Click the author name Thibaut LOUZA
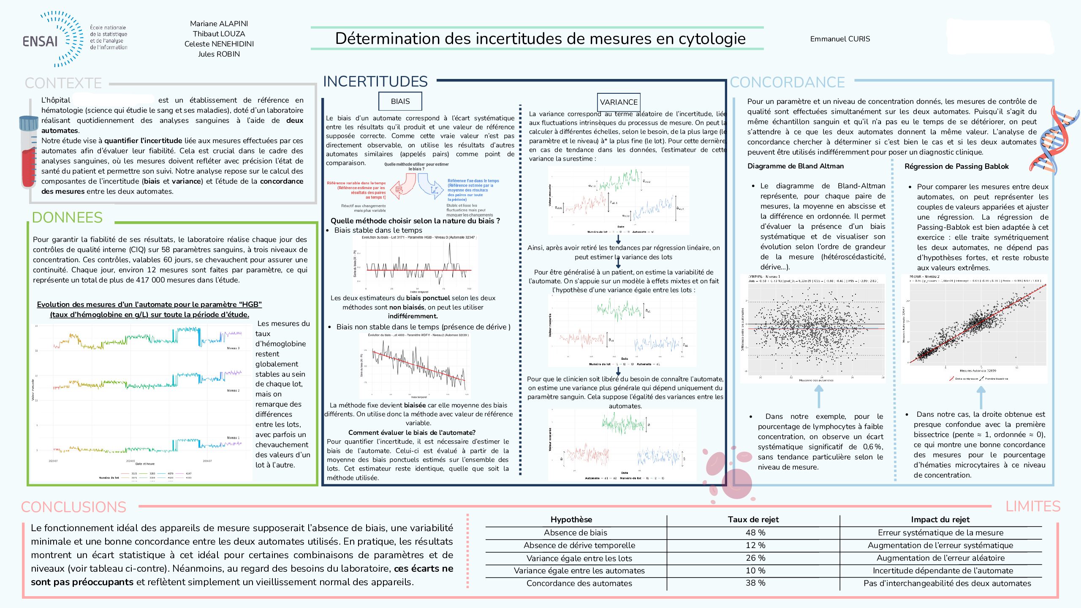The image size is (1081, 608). [219, 34]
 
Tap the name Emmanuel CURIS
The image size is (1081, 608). [840, 39]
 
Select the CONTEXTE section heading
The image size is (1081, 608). [63, 83]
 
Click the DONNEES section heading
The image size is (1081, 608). [67, 217]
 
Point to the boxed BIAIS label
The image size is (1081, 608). [400, 101]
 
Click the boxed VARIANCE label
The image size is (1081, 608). [619, 102]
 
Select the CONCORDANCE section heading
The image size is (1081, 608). [787, 82]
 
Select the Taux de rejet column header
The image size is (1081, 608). [753, 520]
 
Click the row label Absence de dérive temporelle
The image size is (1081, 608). [579, 546]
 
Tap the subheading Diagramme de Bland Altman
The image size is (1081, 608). [795, 166]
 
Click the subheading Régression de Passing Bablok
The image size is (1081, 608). [956, 166]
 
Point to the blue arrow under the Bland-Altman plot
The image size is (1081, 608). [818, 397]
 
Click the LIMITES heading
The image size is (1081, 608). [1032, 506]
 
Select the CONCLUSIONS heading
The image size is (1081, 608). [74, 507]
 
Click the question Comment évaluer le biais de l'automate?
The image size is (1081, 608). [412, 432]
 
